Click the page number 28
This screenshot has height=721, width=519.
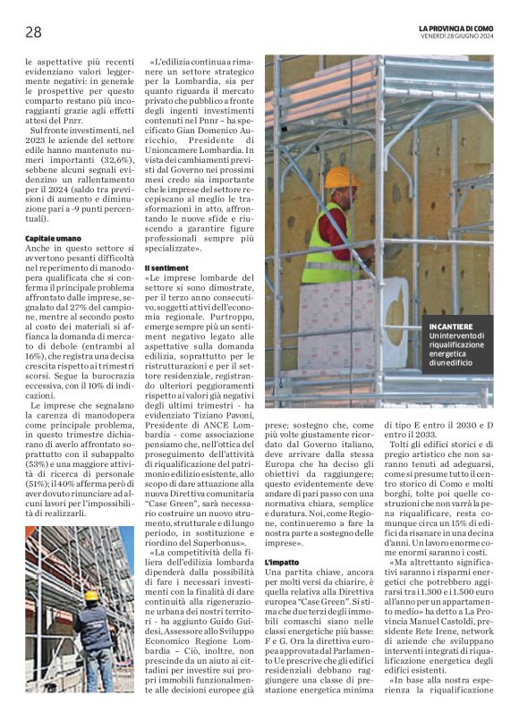33,33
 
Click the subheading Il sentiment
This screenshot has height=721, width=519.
166,267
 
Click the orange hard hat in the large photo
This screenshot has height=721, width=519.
341,177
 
